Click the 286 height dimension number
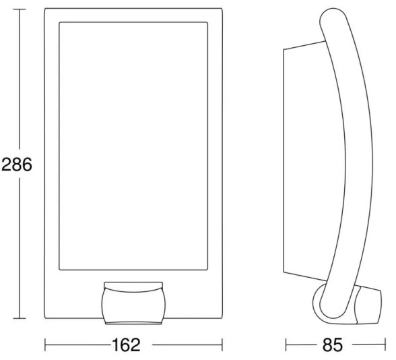17,164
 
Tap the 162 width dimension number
126,345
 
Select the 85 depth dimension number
333,345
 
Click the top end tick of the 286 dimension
20,9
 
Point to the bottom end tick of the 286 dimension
20,318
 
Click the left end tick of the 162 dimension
45,345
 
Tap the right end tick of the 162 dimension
222,345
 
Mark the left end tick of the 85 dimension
286,345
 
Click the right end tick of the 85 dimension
385,345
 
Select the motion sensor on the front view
133,303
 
